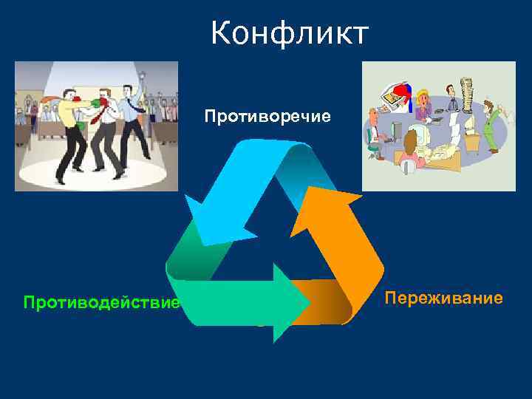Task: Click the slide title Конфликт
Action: click(289, 33)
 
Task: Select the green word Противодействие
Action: click(102, 302)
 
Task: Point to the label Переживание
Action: click(444, 298)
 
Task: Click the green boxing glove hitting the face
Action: click(95, 104)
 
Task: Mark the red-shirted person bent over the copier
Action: click(403, 92)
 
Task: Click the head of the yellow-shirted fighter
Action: click(69, 96)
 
